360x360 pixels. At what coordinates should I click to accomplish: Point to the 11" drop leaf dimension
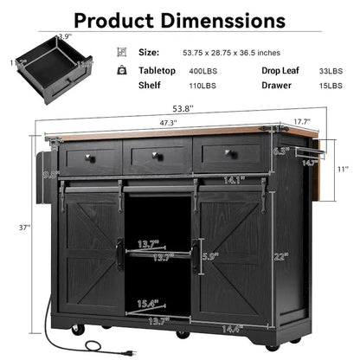click(x=344, y=168)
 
